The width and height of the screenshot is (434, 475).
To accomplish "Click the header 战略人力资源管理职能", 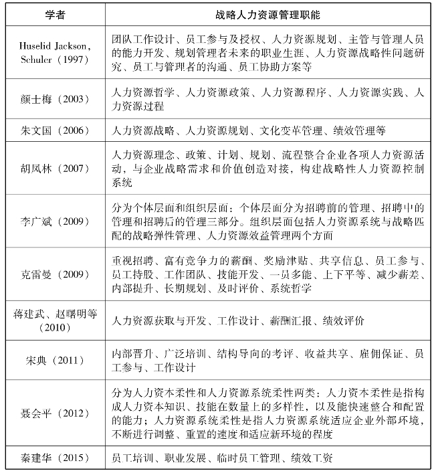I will coord(267,13).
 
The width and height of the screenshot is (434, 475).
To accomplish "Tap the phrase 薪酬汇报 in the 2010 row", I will coord(290,321).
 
